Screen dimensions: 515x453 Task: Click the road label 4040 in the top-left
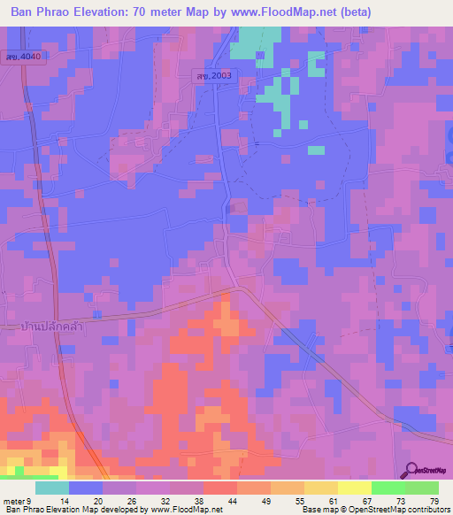[22, 56]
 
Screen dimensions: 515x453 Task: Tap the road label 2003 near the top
[214, 76]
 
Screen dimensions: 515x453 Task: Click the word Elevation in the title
[113, 12]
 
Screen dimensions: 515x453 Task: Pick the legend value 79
[434, 501]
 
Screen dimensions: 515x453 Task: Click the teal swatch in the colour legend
[52, 488]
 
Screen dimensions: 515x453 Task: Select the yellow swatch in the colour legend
[355, 488]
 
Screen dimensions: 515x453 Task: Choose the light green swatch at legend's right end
[422, 488]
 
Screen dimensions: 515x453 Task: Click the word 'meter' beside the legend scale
[14, 501]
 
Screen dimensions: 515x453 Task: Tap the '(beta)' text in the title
[353, 12]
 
